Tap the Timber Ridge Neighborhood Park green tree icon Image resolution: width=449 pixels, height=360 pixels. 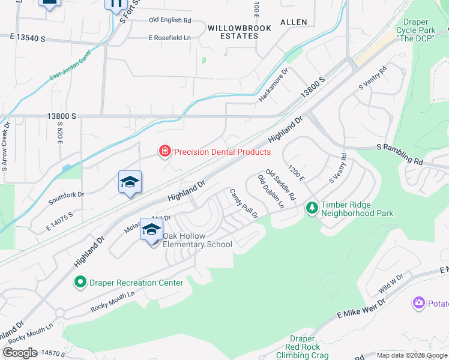point(312,208)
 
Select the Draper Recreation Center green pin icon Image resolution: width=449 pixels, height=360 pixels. point(80,281)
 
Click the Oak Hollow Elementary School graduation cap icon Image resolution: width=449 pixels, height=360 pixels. point(152,230)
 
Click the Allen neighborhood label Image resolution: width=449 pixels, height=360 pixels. point(294,22)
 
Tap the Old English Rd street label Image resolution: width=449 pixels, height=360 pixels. point(170,20)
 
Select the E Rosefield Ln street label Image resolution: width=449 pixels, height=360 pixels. point(169,38)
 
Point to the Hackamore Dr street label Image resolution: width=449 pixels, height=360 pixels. point(274,85)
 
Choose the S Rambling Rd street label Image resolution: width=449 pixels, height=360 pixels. point(400,154)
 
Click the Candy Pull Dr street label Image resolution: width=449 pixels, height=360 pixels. point(244,203)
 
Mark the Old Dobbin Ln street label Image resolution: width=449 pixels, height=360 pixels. point(271,191)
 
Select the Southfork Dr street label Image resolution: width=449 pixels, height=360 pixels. point(67,194)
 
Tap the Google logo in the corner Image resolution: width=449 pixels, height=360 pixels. point(20,352)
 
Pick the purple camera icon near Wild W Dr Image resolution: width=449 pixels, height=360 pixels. point(419,303)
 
